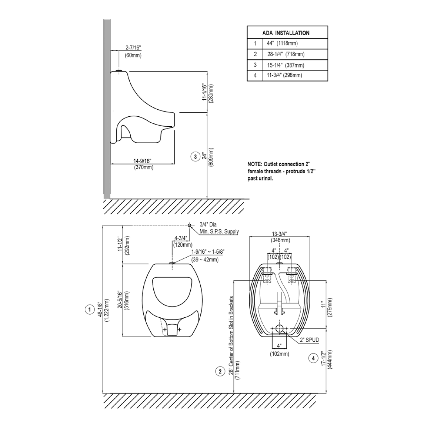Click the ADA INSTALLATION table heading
286,33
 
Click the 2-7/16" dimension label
133,47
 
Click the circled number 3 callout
195,157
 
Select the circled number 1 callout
90,309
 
